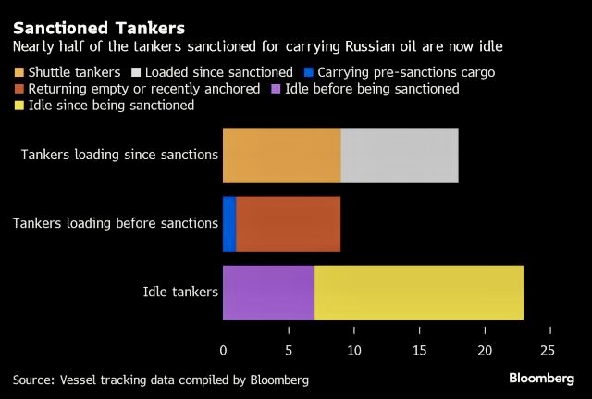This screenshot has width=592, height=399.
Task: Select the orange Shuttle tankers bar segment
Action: pos(281,156)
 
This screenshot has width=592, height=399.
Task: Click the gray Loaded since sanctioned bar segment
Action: pos(400,156)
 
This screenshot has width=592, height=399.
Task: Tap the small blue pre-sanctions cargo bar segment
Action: pos(228,224)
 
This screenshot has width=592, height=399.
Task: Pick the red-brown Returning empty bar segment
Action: pos(288,224)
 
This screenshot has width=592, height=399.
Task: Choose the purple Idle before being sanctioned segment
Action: pos(268,292)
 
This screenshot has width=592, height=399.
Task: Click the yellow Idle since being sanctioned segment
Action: pos(419,292)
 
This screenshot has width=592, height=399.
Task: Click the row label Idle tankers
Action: pos(180,292)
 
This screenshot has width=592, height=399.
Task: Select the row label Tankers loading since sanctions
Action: pos(119,156)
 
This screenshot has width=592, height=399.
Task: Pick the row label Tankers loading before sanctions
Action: pos(116,224)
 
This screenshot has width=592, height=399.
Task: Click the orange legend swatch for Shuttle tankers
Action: pos(19,71)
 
